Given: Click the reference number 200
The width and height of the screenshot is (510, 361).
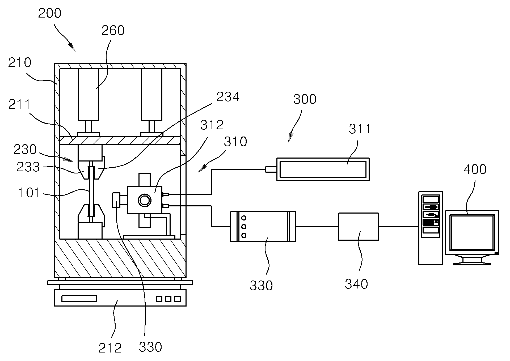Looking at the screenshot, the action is (x=50, y=13).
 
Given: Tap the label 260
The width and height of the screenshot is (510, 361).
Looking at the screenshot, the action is (x=113, y=30).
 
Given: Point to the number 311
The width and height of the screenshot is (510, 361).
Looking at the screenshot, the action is (x=360, y=129).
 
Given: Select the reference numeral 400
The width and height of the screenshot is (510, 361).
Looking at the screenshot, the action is (x=475, y=169).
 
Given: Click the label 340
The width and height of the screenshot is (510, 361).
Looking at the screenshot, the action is (x=356, y=284).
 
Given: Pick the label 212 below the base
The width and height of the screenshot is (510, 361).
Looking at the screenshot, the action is (x=110, y=348).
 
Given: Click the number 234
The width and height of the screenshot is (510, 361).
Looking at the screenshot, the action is (x=228, y=97).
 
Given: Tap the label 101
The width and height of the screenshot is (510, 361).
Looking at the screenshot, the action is (x=29, y=193).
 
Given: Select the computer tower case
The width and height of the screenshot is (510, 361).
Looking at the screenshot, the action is (x=431, y=228).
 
